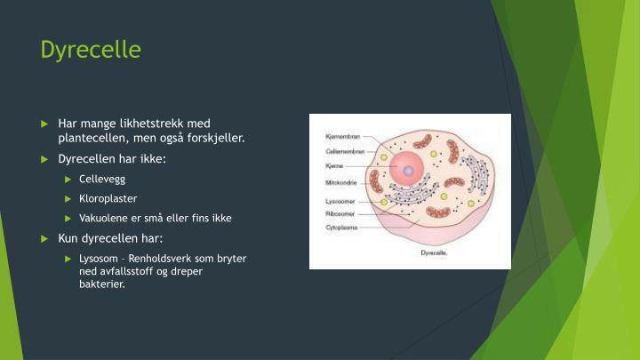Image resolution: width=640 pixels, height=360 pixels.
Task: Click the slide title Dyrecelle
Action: coord(91,50)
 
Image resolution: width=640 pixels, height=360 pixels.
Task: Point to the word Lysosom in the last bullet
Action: coord(98,258)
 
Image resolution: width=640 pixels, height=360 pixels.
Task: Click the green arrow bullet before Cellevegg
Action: coord(68,179)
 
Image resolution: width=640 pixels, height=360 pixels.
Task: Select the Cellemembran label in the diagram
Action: coord(341,152)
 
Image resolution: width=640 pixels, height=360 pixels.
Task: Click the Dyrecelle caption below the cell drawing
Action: coord(433,252)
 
